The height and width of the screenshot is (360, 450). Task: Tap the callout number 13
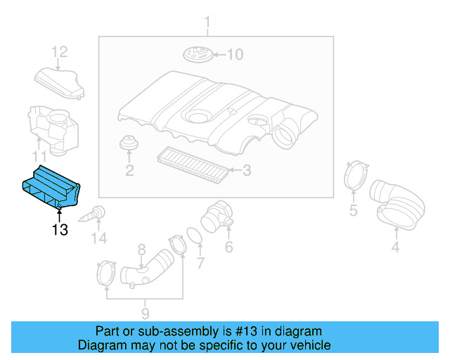[59, 230]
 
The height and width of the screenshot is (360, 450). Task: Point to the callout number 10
[234, 55]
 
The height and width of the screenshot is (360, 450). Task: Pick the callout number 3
[246, 169]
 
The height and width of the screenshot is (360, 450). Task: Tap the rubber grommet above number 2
[129, 143]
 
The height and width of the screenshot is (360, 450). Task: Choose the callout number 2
[129, 170]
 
